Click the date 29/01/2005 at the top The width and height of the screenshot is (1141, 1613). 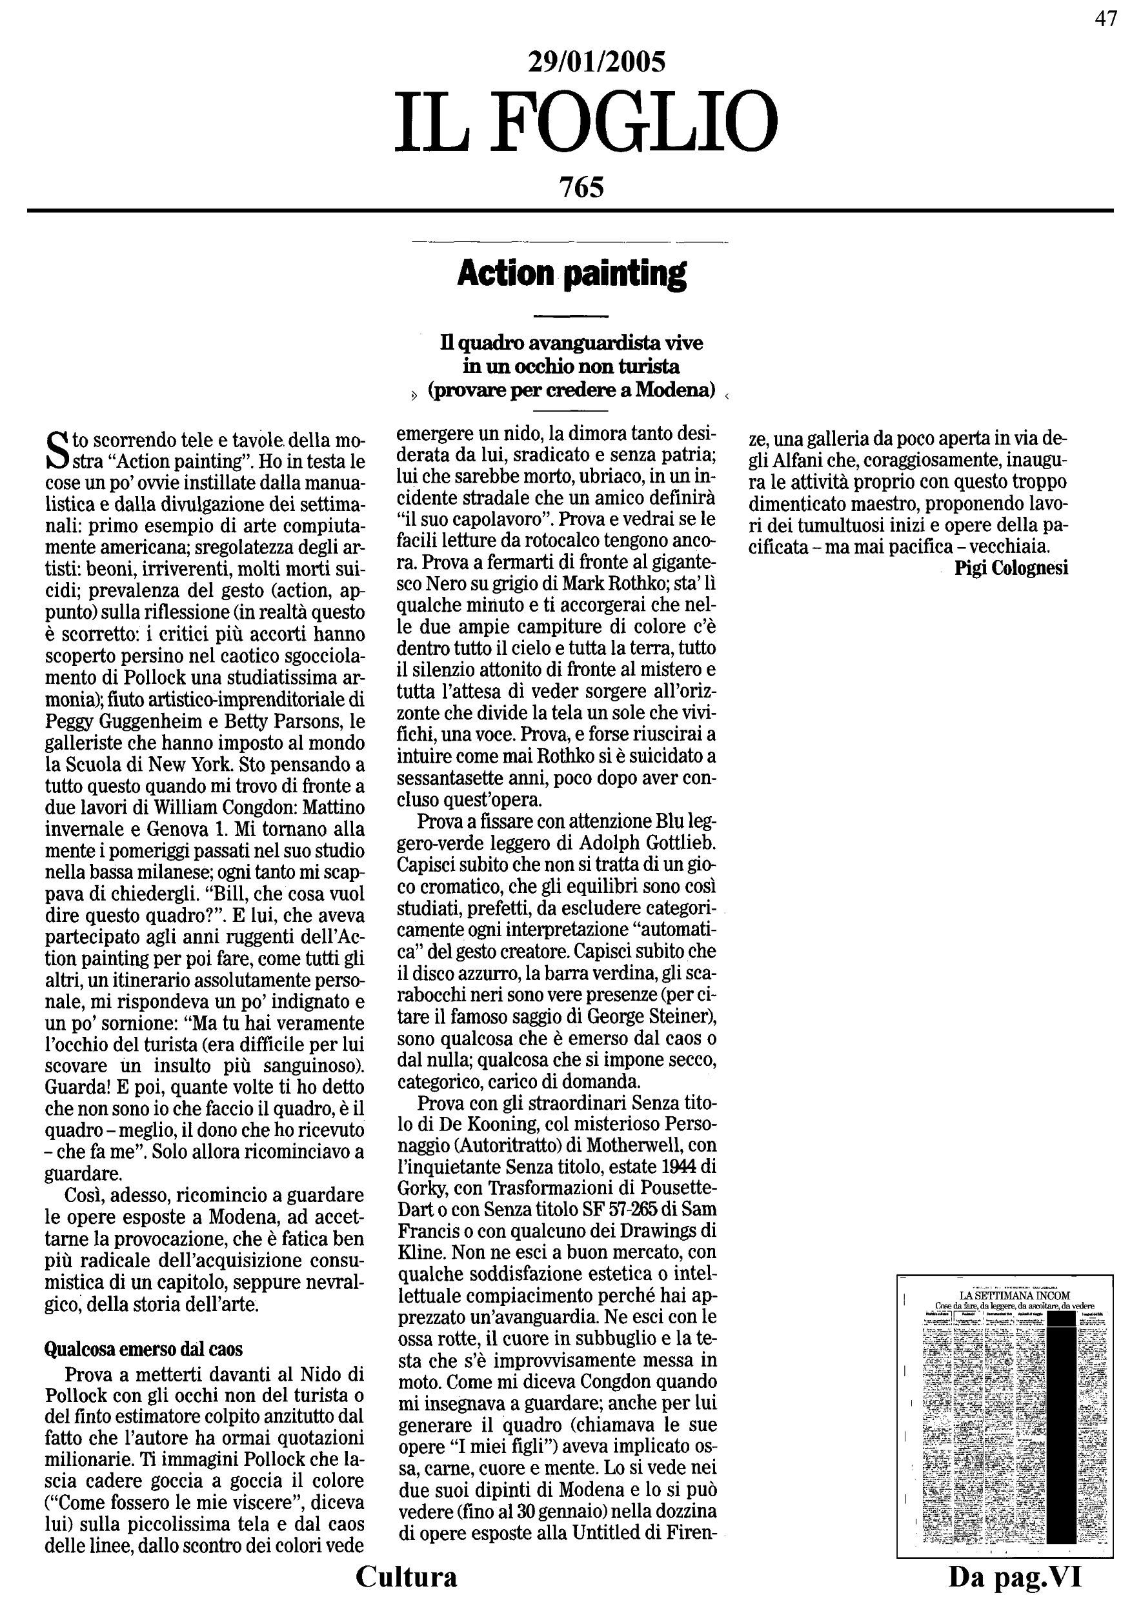(596, 63)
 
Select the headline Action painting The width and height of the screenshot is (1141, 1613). (571, 274)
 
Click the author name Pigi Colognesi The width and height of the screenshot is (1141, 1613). (1011, 568)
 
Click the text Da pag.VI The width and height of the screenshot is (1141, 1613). (1015, 1578)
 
